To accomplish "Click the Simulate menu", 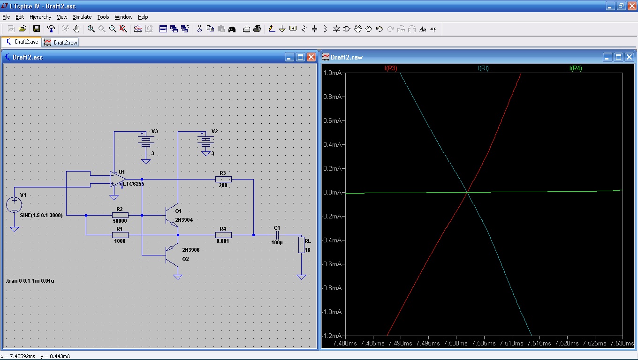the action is pos(82,17).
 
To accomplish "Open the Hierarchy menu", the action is pos(40,17).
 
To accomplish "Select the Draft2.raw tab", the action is pos(61,42).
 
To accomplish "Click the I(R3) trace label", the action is pos(390,68).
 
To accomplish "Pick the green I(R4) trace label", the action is pos(575,68).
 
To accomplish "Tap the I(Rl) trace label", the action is pos(483,68).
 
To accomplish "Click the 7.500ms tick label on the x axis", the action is pos(456,343).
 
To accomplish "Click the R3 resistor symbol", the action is pos(223,179).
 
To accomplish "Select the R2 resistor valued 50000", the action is pos(120,215).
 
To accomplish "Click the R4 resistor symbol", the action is pos(223,235).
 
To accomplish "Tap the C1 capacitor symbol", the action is pos(277,235).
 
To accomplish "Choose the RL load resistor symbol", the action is pos(301,245).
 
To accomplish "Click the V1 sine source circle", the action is pos(14,204).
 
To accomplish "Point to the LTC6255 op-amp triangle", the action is pos(118,179).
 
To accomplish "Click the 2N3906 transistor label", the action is pos(190,250).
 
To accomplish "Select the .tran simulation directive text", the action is pos(30,281).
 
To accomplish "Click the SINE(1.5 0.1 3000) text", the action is pos(41,215).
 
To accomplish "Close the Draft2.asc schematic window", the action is pos(311,57).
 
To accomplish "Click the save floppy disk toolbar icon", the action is pos(37,29).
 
